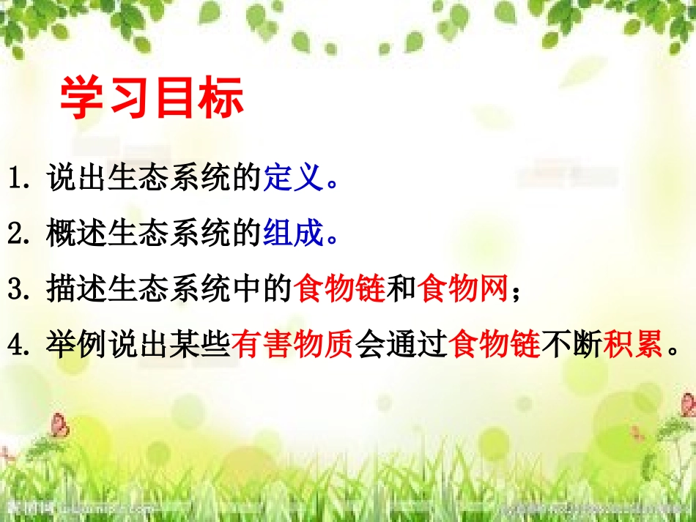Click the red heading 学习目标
[152, 100]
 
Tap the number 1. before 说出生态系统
[21, 179]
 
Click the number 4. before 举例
[21, 343]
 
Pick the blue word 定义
[292, 178]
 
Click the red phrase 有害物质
[292, 343]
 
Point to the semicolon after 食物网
[517, 291]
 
